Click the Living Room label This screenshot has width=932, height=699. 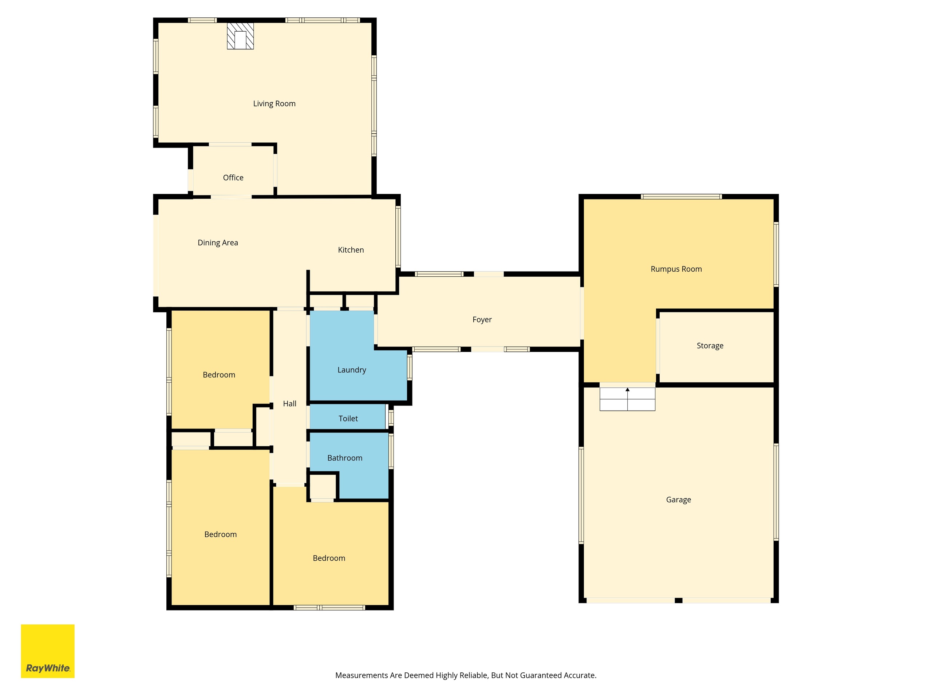(x=274, y=104)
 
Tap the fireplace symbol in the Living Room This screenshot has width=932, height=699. (x=241, y=36)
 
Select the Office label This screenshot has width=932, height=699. (x=233, y=177)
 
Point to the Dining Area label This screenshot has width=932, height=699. (x=218, y=243)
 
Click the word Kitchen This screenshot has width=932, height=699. (x=351, y=250)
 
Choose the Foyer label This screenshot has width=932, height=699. (x=482, y=320)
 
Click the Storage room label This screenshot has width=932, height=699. (x=710, y=346)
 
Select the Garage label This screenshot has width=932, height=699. (x=678, y=500)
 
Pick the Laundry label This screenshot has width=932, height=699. (x=352, y=370)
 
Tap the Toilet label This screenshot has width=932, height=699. (x=348, y=418)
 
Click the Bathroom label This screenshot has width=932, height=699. (x=345, y=458)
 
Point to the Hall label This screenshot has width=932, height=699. (x=289, y=404)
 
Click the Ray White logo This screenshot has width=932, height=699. (x=48, y=651)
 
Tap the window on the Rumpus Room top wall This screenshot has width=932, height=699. (x=681, y=196)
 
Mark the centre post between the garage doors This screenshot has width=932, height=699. (x=678, y=600)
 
